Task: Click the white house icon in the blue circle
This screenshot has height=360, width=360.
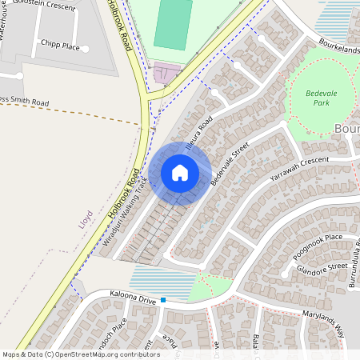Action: pyautogui.click(x=180, y=173)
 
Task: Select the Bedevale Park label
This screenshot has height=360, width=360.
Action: pyautogui.click(x=324, y=98)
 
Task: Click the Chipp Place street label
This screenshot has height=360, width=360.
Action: pyautogui.click(x=61, y=46)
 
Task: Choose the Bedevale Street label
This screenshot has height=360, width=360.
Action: pyautogui.click(x=230, y=165)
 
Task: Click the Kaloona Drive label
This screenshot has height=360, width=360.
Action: pyautogui.click(x=133, y=296)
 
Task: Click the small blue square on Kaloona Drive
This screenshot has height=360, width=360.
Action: pyautogui.click(x=163, y=300)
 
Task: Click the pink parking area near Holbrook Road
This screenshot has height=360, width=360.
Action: pyautogui.click(x=167, y=74)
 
